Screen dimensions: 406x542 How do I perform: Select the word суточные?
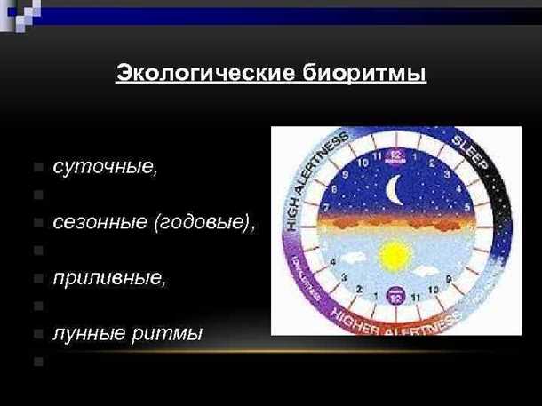coord(106,167)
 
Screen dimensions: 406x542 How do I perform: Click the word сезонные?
coord(100,221)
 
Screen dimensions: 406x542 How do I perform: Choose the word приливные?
coord(109,277)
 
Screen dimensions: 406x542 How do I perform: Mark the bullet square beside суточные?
coord(36,168)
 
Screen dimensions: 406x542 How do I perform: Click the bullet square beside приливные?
coord(36,278)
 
